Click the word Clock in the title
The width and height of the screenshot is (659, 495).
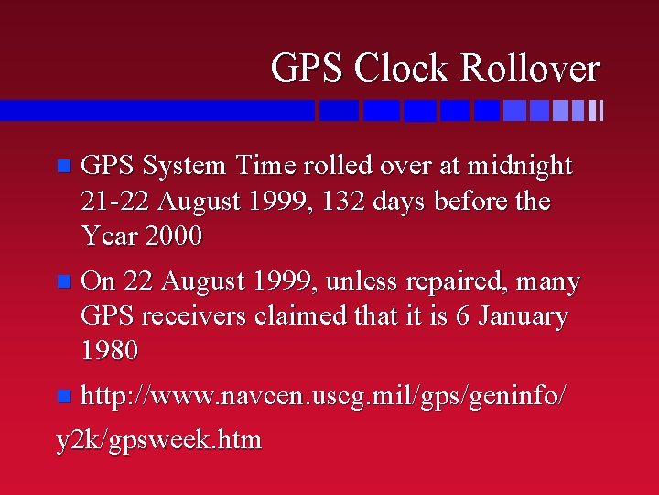399,68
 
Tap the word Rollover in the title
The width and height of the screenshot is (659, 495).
529,68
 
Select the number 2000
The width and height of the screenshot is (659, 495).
174,236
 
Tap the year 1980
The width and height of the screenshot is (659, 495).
110,350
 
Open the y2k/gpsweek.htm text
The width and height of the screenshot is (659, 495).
158,440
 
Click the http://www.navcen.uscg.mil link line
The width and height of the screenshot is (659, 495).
323,397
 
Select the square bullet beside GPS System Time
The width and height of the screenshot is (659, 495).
62,167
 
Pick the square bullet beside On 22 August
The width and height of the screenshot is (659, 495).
62,282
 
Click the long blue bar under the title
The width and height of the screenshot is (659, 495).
157,110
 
